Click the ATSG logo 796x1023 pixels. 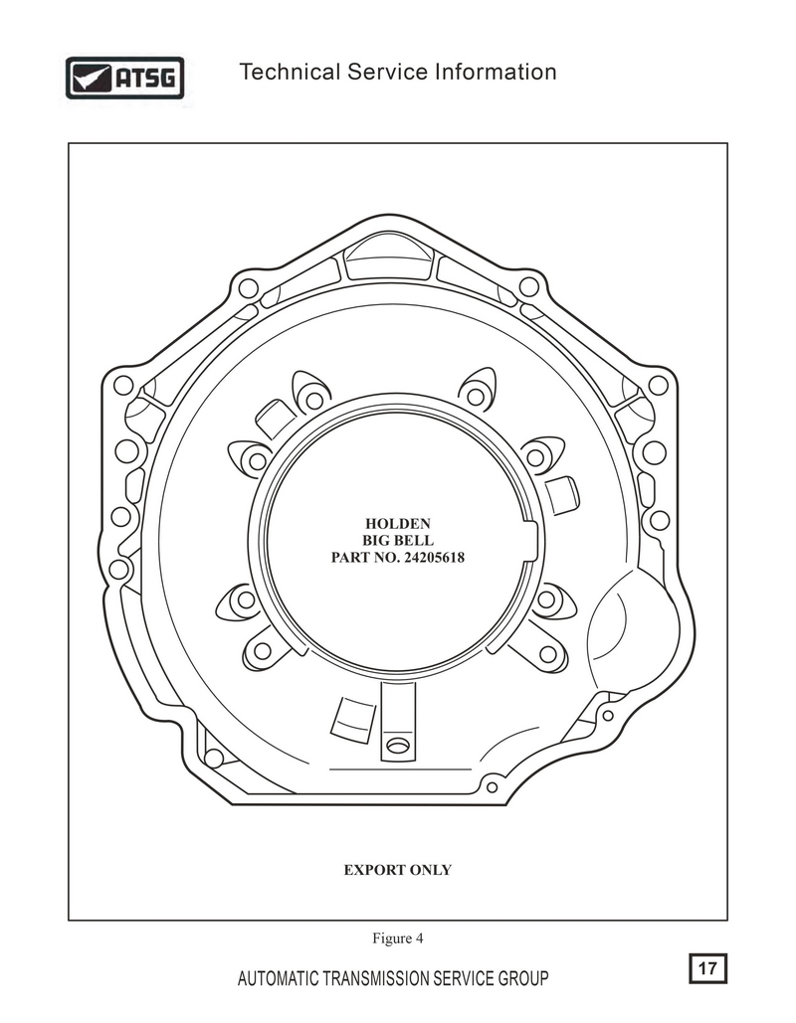124,78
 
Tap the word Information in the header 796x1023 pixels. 496,72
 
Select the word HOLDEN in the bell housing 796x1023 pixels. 398,523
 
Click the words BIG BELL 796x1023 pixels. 398,540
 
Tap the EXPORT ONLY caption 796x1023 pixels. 398,870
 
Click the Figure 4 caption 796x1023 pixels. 398,938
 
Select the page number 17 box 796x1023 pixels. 707,968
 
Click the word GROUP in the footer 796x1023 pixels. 523,978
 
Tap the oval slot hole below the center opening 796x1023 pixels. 398,745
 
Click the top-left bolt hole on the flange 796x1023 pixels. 248,287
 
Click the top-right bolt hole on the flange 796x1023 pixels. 529,286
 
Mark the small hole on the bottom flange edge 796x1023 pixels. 492,787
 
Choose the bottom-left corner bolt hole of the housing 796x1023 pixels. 214,758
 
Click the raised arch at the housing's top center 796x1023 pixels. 388,257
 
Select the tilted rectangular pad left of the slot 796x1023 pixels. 353,719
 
